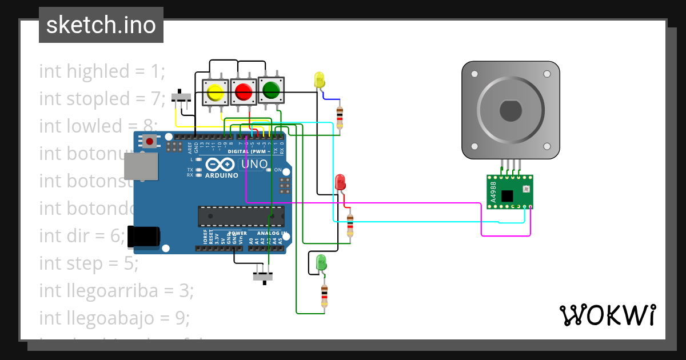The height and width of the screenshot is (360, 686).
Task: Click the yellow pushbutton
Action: (x=216, y=92)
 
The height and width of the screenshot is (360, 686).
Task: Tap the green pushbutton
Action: (x=270, y=90)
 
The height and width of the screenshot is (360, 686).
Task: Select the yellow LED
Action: (x=319, y=79)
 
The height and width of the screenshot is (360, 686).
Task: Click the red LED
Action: (x=340, y=182)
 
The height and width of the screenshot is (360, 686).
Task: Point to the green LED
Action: (x=321, y=263)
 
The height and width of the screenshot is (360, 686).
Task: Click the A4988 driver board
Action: (x=509, y=191)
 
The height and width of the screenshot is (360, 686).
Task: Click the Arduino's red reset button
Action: (x=150, y=141)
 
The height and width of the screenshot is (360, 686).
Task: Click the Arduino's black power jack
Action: (x=143, y=237)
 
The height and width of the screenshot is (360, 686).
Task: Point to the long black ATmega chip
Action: (x=241, y=217)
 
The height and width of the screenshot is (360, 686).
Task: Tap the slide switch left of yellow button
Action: (x=182, y=97)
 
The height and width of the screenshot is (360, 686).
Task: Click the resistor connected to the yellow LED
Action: (x=340, y=117)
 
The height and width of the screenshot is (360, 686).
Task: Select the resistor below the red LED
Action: (x=350, y=225)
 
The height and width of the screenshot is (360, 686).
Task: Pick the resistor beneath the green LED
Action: (x=324, y=295)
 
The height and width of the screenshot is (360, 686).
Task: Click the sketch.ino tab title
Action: (x=101, y=25)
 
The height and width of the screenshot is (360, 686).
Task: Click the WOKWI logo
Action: (x=607, y=315)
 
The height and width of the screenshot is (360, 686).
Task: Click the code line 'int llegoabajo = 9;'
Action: (x=114, y=317)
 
